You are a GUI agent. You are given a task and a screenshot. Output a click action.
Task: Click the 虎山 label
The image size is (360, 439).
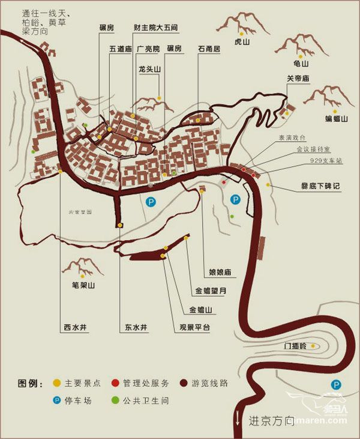pos(241,43)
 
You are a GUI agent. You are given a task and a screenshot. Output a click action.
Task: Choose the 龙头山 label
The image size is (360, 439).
pos(149,70)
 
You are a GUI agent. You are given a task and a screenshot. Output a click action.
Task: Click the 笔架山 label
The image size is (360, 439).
pos(83,286)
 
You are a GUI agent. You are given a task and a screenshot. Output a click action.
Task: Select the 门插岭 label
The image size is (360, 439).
pos(295,347)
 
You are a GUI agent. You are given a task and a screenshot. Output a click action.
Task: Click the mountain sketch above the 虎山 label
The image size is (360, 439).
pos(242,23)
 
